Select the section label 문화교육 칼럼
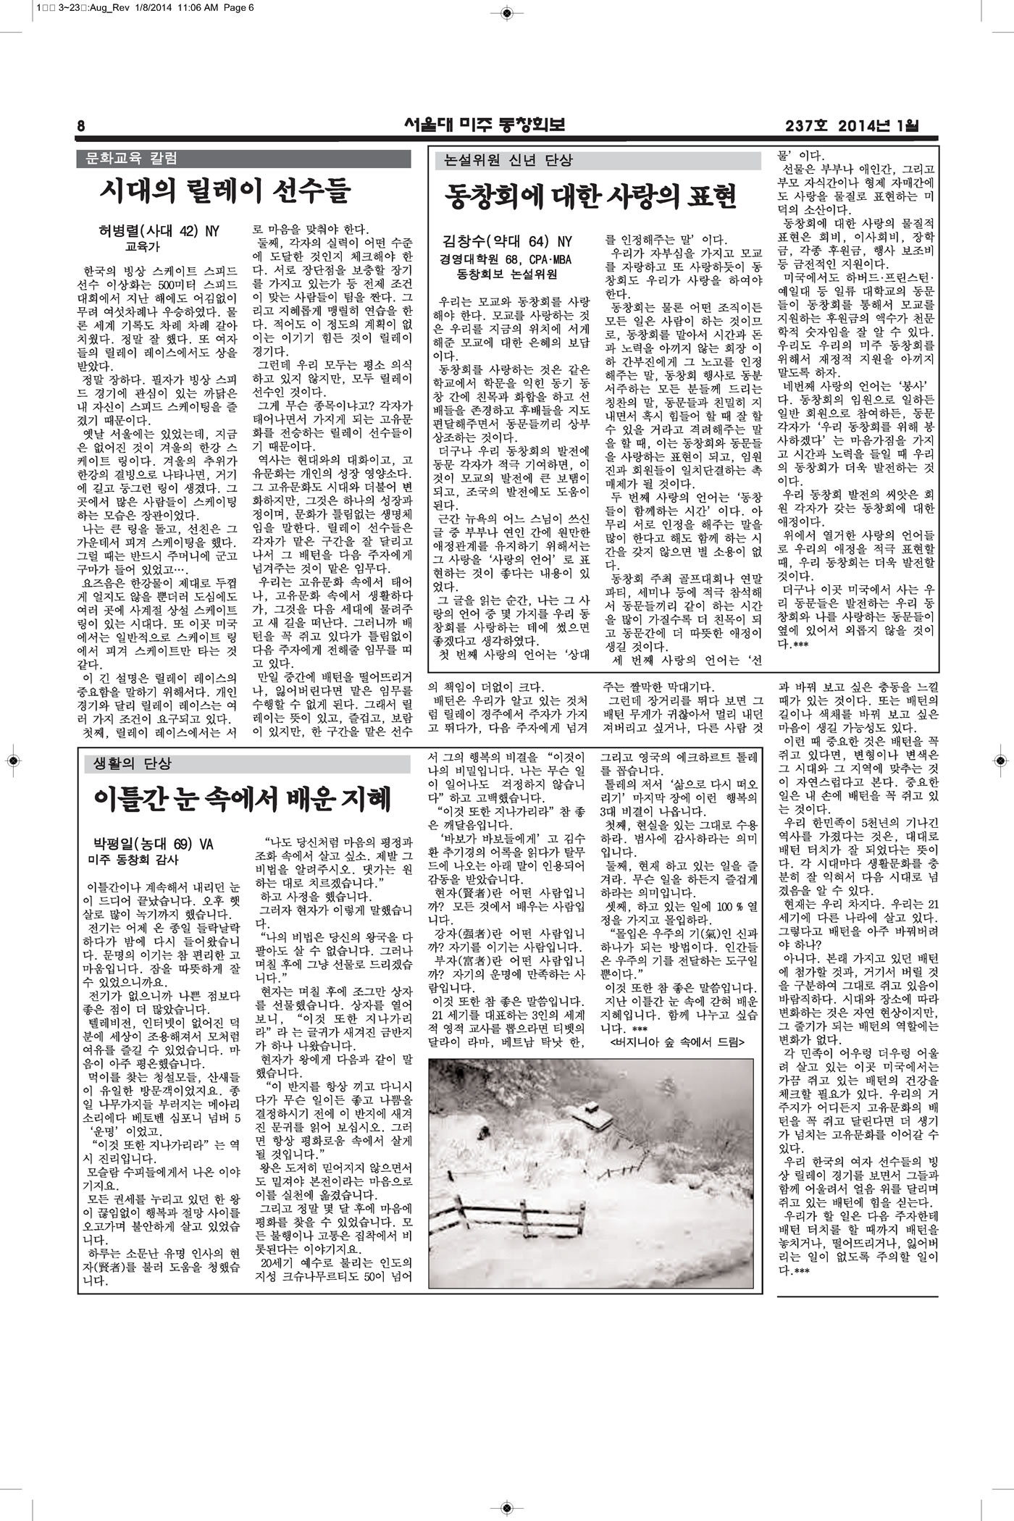pyautogui.click(x=132, y=158)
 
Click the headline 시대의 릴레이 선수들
pyautogui.click(x=225, y=192)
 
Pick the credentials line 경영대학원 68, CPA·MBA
pyautogui.click(x=506, y=258)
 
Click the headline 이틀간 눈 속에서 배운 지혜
pyautogui.click(x=243, y=799)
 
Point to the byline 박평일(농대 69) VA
pyautogui.click(x=153, y=845)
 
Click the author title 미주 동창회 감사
pyautogui.click(x=133, y=860)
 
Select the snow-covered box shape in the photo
pyautogui.click(x=590, y=1116)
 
